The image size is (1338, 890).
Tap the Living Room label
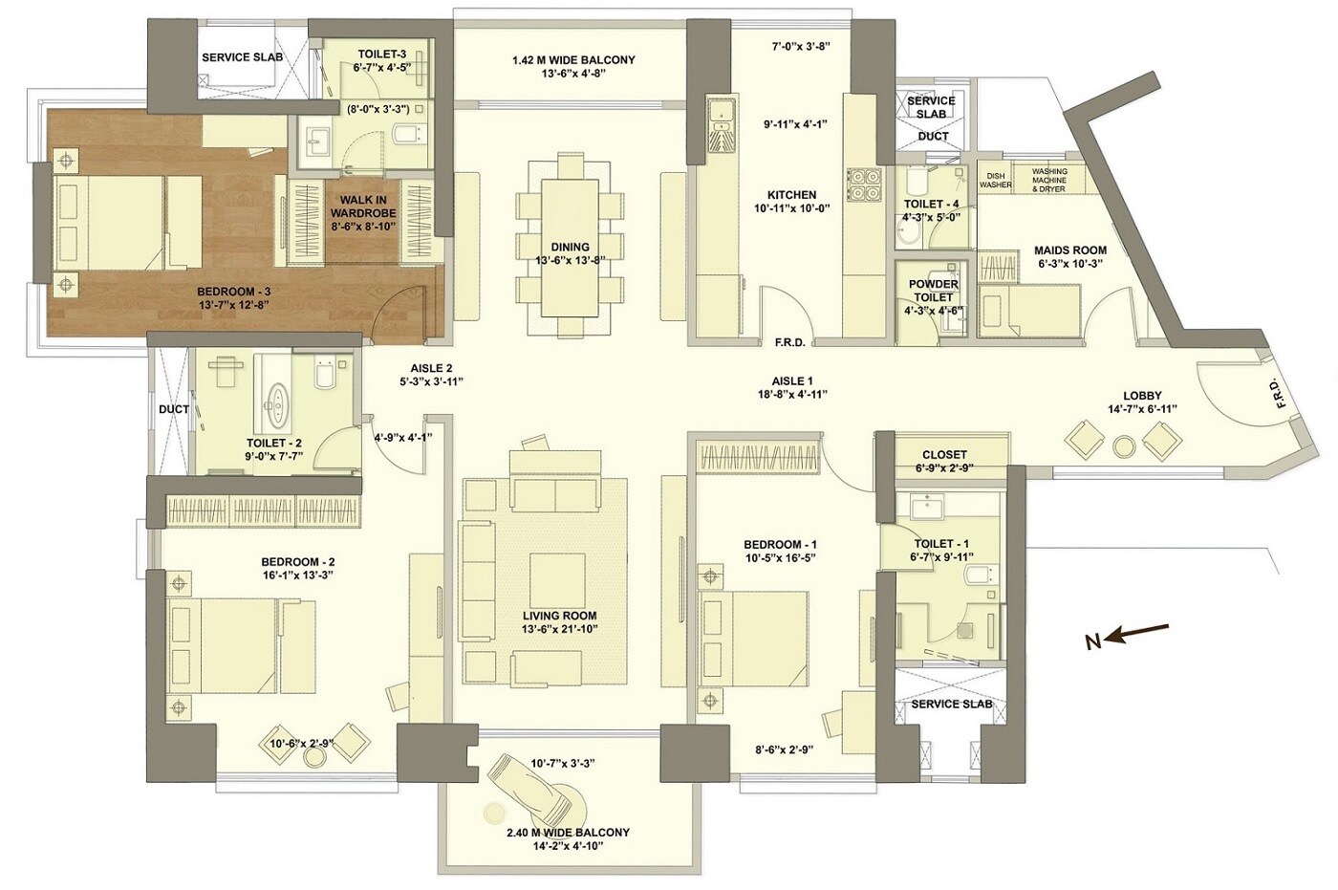pyautogui.click(x=559, y=616)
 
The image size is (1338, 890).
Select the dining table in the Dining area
pyautogui.click(x=570, y=247)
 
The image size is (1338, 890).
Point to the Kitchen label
pyautogui.click(x=791, y=195)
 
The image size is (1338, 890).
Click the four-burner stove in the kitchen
pyautogui.click(x=863, y=185)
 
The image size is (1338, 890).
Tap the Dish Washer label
pyautogui.click(x=995, y=180)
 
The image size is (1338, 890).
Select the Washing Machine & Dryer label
pyautogui.click(x=1049, y=180)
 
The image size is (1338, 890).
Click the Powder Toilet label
pyautogui.click(x=933, y=291)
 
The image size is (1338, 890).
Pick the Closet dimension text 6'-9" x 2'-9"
pyautogui.click(x=944, y=469)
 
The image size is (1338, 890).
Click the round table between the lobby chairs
pyautogui.click(x=1124, y=445)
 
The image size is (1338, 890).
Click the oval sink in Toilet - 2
pyautogui.click(x=278, y=403)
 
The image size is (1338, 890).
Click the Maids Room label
pyautogui.click(x=1069, y=250)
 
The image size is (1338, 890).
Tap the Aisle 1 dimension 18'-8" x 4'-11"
pyautogui.click(x=792, y=394)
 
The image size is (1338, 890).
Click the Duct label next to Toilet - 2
pyautogui.click(x=173, y=409)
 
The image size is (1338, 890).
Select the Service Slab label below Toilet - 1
pyautogui.click(x=950, y=704)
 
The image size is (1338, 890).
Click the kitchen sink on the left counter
pyautogui.click(x=721, y=117)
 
